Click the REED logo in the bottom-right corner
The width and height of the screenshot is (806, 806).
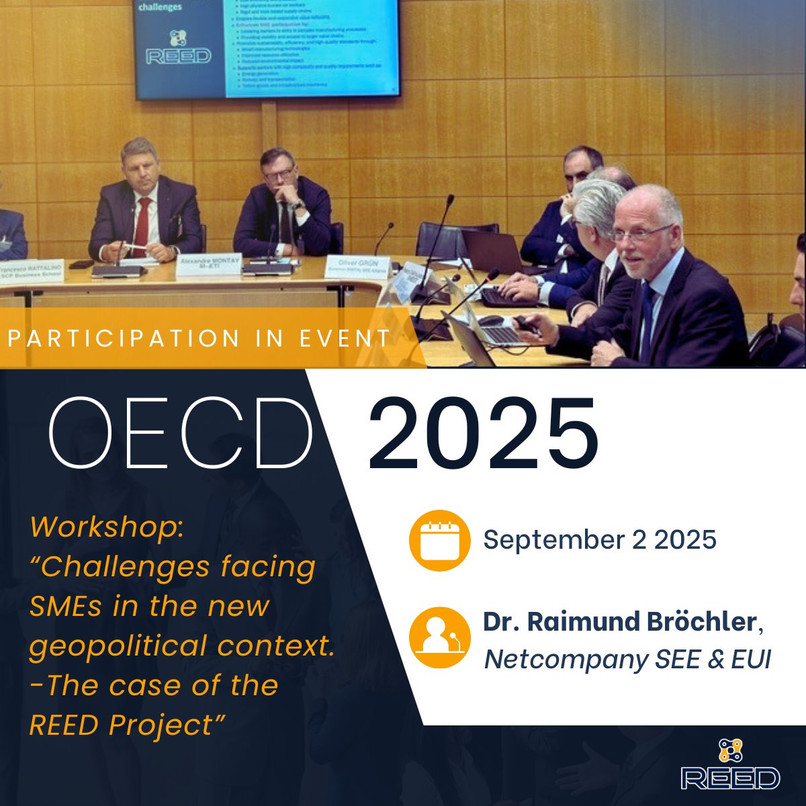(730, 766)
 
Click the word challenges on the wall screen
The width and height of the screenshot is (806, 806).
(160, 7)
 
